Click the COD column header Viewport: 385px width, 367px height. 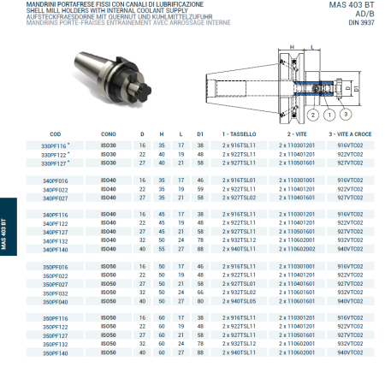(x=55, y=135)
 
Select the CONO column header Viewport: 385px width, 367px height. (x=108, y=135)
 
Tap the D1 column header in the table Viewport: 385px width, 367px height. (x=199, y=135)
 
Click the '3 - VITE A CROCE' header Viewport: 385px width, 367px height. (x=351, y=135)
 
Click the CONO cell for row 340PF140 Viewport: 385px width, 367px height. (x=109, y=249)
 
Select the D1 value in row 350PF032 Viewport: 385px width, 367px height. (x=199, y=293)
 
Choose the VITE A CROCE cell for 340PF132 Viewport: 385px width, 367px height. (x=351, y=241)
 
